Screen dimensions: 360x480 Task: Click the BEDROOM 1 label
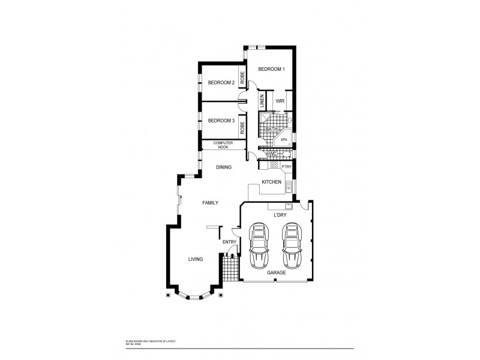(x=271, y=70)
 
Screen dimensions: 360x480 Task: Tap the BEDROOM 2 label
(x=220, y=82)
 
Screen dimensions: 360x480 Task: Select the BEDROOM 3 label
(x=220, y=121)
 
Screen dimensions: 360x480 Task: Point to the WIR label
(x=280, y=101)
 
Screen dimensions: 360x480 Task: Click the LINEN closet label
(x=262, y=100)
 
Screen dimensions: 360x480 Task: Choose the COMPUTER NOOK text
(x=222, y=144)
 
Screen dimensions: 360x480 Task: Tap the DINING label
(x=225, y=167)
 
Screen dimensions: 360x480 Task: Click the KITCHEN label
(x=271, y=182)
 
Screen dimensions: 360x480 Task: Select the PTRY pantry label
(x=286, y=167)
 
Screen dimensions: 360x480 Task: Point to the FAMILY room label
(x=209, y=203)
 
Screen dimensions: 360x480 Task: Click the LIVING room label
(x=195, y=259)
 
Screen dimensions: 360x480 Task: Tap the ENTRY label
(x=229, y=242)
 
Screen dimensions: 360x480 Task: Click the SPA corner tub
(x=283, y=139)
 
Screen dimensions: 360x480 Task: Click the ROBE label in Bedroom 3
(x=242, y=127)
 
